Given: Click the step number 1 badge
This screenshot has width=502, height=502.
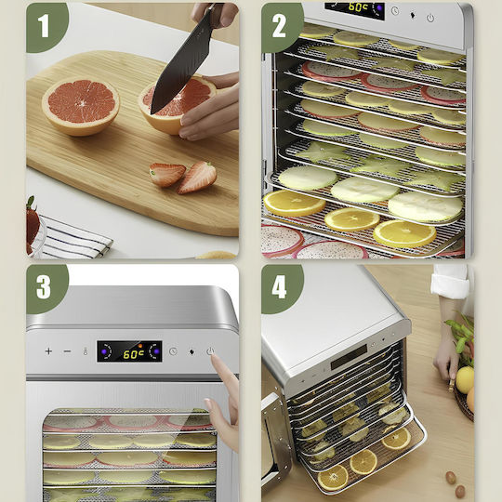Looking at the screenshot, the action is coord(44,26).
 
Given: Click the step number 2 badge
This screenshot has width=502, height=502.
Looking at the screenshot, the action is coord(279,26).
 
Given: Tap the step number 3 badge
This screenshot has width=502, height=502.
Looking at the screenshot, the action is coord(44,287).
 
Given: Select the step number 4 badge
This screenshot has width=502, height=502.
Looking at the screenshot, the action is coord(279,287).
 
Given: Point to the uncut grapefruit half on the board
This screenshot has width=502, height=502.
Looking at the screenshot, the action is coord(81,106).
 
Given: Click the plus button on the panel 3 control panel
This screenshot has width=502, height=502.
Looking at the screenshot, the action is coord(48,351).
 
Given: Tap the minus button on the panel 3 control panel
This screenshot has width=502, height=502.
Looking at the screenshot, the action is coord(67,351).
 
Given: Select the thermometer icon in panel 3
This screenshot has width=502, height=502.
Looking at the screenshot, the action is coord(86,351).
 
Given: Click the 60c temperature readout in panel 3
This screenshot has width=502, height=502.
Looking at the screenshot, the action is coord(134,354).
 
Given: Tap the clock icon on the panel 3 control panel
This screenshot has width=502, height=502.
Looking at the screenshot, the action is coord(173,351).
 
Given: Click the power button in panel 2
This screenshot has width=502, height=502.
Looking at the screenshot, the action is coord(430,19).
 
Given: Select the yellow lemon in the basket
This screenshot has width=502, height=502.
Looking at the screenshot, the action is coord(465,380).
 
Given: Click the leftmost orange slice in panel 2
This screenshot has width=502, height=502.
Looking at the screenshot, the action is coord(294,204).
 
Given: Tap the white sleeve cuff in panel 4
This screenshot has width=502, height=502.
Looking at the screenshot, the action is coord(450,282).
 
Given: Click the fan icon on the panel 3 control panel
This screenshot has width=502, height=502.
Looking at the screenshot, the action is coord(192,351).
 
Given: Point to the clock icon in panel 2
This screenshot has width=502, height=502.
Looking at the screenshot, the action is coord(395,11).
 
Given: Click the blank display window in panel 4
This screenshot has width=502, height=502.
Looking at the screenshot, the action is coord(349,356).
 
